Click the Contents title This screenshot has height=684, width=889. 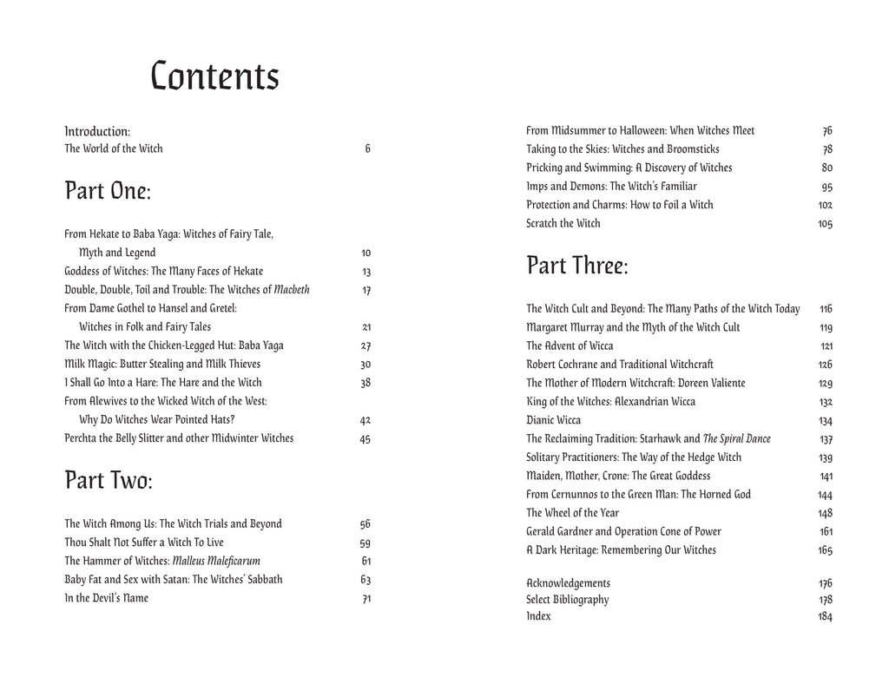coord(214,77)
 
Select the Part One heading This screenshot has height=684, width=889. coord(108,191)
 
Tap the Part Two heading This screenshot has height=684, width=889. coord(109,480)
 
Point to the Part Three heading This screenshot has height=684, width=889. coord(577,266)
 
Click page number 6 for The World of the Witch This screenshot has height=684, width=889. coord(367,148)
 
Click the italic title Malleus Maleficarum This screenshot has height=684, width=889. coord(216,561)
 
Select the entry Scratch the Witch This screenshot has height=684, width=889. coord(563,224)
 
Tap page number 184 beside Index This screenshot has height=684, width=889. coord(825,616)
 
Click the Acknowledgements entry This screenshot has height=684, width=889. coord(568,583)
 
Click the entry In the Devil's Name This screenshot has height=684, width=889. coord(106,598)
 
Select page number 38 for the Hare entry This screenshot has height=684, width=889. coord(365,383)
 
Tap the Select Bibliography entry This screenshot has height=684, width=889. coord(567,600)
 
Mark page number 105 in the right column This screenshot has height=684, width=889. coord(825,224)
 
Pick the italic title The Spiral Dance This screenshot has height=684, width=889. coord(736,439)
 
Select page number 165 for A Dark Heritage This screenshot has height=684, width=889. coord(825,550)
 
